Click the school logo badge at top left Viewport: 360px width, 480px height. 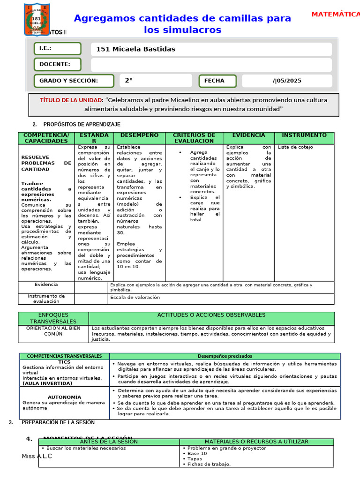(38, 20)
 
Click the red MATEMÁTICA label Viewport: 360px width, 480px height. (336, 15)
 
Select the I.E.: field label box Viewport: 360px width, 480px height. (57, 49)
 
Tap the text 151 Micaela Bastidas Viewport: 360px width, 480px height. (135, 49)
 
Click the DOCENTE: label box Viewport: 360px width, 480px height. (57, 64)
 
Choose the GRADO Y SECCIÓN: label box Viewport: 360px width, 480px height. (73, 81)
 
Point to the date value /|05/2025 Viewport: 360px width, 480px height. (287, 81)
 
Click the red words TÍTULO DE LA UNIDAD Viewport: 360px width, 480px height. (71, 100)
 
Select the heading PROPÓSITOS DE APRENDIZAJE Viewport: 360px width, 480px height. (82, 124)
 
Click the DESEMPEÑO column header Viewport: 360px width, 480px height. (139, 135)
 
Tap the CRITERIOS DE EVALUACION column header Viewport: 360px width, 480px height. (194, 138)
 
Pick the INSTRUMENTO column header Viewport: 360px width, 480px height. (304, 135)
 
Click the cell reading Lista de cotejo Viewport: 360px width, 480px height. (295, 147)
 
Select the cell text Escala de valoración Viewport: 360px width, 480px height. (135, 297)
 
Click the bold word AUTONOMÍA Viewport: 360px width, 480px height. (64, 397)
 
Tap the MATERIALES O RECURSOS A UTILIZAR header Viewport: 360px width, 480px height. (256, 442)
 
